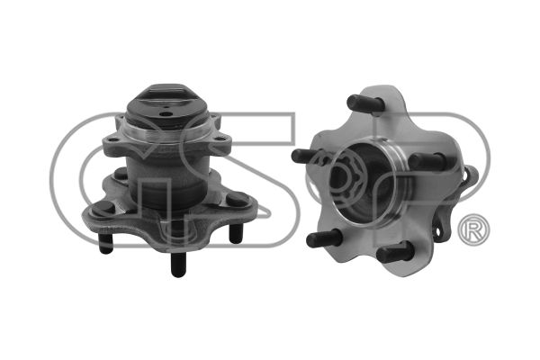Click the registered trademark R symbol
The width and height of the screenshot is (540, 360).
[x=473, y=230]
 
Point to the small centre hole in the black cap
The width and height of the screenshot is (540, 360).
[x=167, y=114]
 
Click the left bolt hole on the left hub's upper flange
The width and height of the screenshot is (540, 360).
[x=112, y=139]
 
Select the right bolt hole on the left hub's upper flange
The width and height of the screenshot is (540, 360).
[x=219, y=139]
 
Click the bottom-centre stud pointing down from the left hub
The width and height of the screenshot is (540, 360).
[x=178, y=265]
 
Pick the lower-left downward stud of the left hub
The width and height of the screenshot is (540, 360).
[x=105, y=243]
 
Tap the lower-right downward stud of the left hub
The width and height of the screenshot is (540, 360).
[x=236, y=233]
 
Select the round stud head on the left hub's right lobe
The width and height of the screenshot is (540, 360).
[x=237, y=199]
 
